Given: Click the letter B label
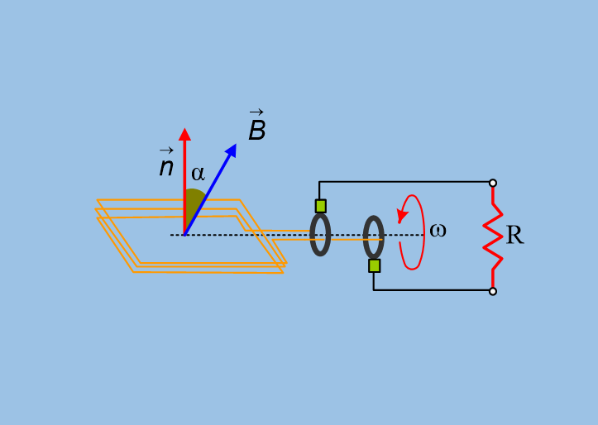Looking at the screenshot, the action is (257, 131).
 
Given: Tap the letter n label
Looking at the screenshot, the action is (166, 167).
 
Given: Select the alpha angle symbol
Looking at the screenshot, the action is (198, 174).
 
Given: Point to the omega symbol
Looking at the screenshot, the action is (438, 230).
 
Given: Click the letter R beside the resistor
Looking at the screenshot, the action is (514, 235).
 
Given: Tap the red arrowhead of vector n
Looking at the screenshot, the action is (184, 134).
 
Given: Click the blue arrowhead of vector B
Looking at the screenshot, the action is (232, 150).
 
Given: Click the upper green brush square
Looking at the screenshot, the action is (321, 206).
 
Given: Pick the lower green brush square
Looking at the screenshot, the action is (375, 265).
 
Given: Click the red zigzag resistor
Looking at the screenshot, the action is (493, 237).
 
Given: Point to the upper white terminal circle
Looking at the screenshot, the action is (493, 184).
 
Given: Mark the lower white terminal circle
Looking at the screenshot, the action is (493, 292).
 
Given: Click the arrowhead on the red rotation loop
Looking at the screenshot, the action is (402, 215).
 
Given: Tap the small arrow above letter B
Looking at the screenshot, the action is (256, 112).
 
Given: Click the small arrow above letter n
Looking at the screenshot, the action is (166, 150).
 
